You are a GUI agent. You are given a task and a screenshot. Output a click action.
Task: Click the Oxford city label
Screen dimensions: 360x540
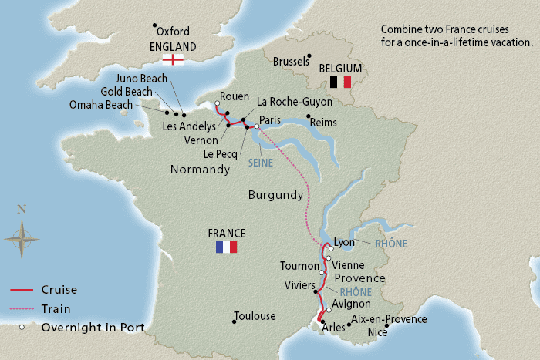173,32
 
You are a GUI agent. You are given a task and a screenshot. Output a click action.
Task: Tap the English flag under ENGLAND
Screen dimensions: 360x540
176,59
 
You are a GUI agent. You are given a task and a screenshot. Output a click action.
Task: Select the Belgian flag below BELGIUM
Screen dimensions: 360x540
340,82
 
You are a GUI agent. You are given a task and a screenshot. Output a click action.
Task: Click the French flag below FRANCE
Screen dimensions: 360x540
226,247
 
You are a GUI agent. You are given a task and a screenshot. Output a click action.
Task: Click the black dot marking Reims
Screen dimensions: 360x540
309,116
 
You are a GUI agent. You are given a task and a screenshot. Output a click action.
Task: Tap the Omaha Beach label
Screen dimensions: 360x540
100,106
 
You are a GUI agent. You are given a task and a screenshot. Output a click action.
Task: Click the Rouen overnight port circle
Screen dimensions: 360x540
217,104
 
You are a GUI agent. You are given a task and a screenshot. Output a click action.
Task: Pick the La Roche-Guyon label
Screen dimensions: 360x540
294,101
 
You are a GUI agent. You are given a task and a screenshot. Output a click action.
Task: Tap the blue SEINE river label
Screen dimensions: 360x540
261,163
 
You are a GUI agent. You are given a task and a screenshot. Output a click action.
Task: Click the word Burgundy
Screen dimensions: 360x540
275,196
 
